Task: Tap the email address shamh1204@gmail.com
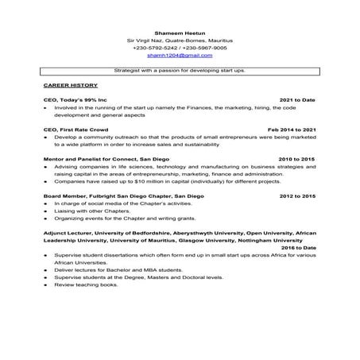(180, 56)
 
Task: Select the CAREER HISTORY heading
(70, 84)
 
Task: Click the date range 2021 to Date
(297, 100)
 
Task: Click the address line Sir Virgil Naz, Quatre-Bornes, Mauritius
(180, 40)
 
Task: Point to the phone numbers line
(180, 48)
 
